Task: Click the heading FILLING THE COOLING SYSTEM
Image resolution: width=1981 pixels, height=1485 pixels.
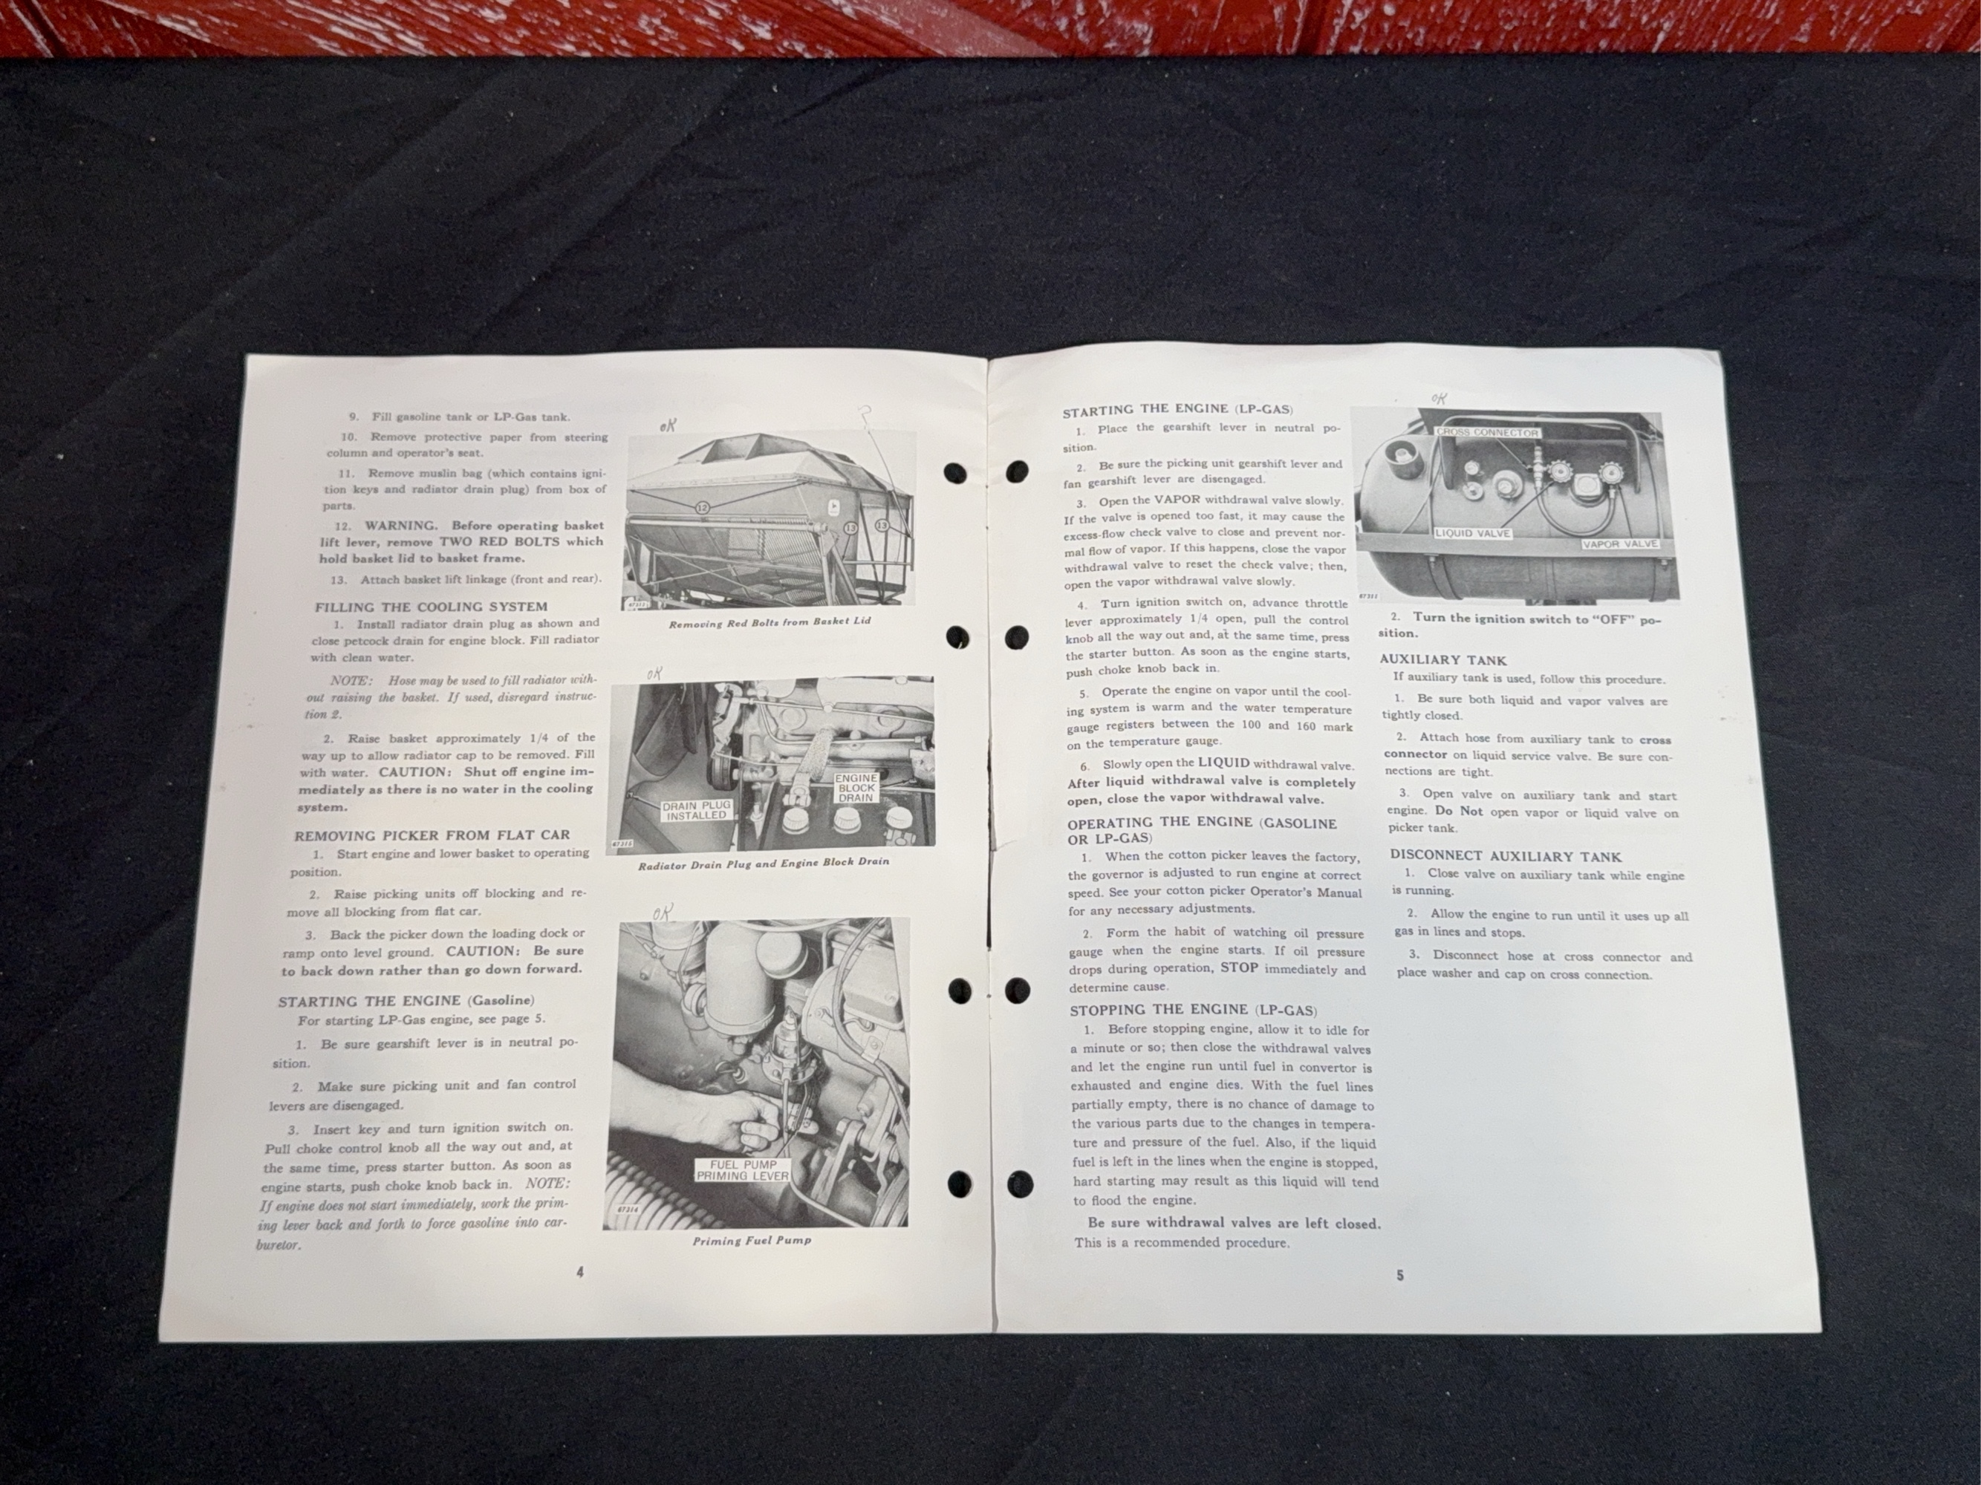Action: coord(431,607)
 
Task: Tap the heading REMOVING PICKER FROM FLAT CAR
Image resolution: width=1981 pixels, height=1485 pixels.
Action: coord(432,836)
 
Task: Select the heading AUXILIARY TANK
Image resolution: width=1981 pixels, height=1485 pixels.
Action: coord(1442,659)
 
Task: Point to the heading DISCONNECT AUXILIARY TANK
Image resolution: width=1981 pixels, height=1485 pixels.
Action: coord(1506,856)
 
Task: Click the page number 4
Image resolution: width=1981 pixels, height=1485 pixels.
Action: coord(580,1273)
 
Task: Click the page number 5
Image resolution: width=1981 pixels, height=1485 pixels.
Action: coord(1401,1276)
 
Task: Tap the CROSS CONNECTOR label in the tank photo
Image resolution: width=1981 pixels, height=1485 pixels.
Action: coord(1486,432)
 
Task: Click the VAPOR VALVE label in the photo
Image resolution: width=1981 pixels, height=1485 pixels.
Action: coord(1619,544)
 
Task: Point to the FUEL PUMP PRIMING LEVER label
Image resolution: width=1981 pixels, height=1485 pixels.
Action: coord(743,1171)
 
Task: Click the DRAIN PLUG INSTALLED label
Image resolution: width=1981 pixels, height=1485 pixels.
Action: coord(697,810)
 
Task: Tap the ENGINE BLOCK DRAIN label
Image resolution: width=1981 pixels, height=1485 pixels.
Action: coord(855,788)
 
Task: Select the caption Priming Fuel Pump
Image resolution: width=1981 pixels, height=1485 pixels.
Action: coord(752,1241)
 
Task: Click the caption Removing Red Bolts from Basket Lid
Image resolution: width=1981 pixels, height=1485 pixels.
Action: coord(770,621)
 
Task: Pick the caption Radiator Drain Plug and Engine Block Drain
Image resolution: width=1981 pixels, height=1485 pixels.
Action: coord(763,862)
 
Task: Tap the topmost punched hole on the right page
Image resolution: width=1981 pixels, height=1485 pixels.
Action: coord(1018,470)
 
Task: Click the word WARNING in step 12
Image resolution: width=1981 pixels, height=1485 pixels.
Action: coord(400,526)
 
